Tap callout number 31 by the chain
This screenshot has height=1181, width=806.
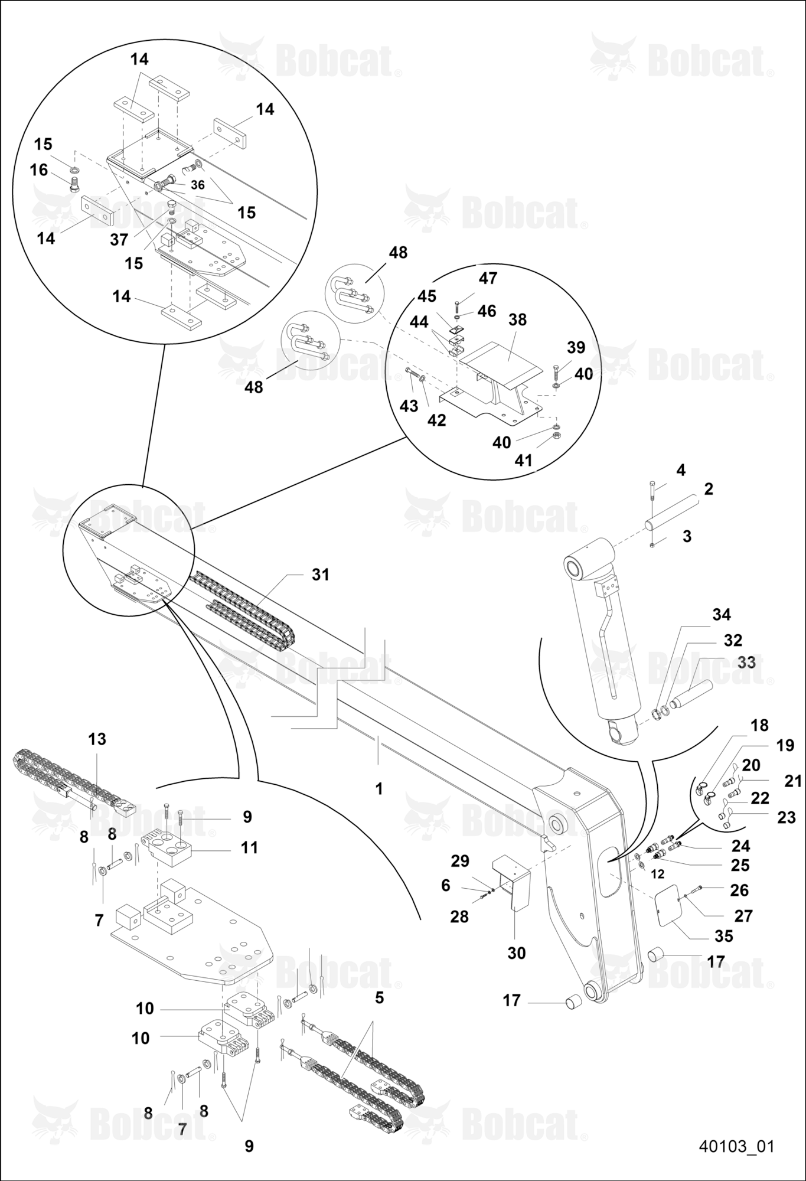[x=321, y=574]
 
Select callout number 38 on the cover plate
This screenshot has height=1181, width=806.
[x=517, y=319]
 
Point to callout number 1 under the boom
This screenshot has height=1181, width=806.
[x=379, y=788]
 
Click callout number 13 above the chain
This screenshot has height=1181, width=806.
[x=97, y=739]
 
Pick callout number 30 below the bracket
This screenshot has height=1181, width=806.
[x=517, y=953]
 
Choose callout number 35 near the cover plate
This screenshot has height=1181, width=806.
[x=724, y=936]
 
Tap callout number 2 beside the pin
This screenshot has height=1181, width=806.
[x=709, y=489]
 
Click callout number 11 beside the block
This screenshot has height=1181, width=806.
[x=250, y=847]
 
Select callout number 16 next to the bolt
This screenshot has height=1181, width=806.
[x=39, y=170]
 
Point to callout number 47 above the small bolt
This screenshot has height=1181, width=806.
[x=488, y=278]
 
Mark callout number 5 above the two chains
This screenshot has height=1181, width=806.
[x=379, y=997]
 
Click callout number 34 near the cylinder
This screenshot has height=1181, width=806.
[x=722, y=615]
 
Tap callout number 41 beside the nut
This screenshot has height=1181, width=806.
[x=524, y=460]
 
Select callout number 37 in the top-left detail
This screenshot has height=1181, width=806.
[x=119, y=239]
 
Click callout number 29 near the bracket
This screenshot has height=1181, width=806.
[x=460, y=861]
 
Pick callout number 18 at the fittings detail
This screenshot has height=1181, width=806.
[x=760, y=725]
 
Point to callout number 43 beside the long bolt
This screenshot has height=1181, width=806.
[x=409, y=406]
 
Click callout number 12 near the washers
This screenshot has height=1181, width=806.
[x=658, y=874]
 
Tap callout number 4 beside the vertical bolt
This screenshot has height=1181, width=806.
[x=681, y=470]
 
